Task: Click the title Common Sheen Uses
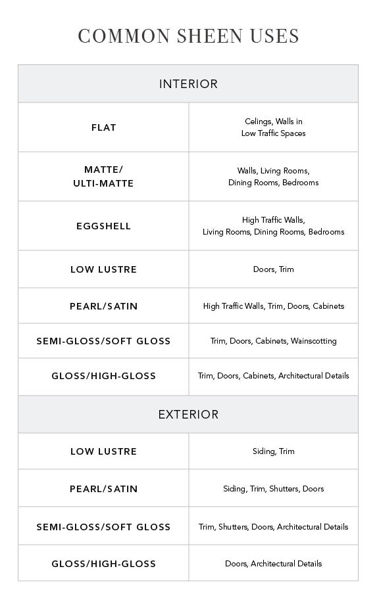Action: pos(188,36)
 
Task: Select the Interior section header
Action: pos(188,84)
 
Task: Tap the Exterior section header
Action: pos(188,415)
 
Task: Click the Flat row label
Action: pos(103,127)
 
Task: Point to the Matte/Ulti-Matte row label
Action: pos(103,177)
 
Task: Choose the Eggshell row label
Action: pos(103,226)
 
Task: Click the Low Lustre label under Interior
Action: pos(103,269)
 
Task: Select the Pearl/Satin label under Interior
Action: pos(103,306)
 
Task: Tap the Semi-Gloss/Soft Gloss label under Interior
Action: pos(103,341)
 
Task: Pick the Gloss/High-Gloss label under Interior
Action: pos(103,376)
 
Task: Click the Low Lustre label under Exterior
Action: pos(103,451)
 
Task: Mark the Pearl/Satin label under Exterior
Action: pos(103,489)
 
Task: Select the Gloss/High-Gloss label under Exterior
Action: pos(103,564)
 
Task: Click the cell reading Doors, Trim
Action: pos(273,269)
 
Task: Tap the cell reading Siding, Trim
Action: pos(273,451)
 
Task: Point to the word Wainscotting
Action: pos(313,341)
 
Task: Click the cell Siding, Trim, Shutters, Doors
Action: pos(273,489)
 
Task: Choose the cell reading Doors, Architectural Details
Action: pos(273,564)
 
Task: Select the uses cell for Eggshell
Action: pos(273,226)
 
